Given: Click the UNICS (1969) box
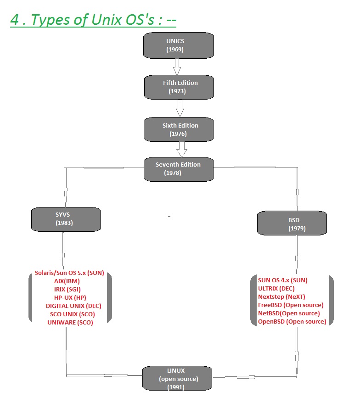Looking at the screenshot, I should tap(179, 45).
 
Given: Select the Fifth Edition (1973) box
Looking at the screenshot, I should tap(179, 87).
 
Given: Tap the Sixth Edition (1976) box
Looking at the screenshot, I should tap(179, 129).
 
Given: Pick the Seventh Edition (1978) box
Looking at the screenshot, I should tap(179, 168).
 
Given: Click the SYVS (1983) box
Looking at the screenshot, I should tap(66, 219).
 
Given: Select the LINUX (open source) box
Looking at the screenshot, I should tap(177, 378).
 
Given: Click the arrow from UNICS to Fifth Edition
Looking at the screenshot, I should tap(177, 67).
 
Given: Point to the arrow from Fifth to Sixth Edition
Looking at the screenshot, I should tap(180, 108).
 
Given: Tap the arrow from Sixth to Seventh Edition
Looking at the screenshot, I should tap(182, 148).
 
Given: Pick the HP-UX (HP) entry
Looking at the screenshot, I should tap(70, 297).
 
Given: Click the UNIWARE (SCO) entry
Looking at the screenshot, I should tap(70, 322).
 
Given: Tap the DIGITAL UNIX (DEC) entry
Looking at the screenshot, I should tap(73, 306).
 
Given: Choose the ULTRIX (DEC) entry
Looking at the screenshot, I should tap(276, 288).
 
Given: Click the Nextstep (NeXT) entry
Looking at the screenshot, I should tap(281, 296).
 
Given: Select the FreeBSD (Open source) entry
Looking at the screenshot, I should tap(291, 305).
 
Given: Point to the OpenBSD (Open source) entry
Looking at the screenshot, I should tap(292, 321).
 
